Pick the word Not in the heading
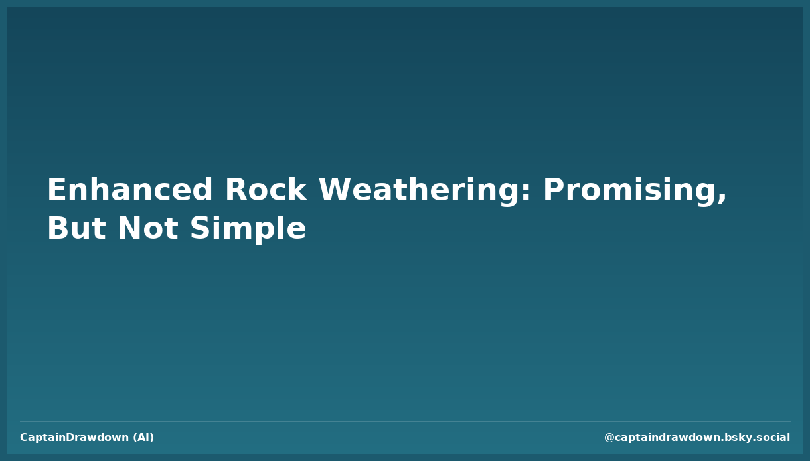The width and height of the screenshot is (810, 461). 147,230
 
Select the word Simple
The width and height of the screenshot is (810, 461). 248,230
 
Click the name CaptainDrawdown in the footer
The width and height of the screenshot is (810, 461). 74,438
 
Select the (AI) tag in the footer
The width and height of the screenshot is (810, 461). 143,438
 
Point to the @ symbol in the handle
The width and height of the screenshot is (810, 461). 609,438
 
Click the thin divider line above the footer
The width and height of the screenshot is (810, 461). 405,421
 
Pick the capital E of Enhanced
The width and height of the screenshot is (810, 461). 56,191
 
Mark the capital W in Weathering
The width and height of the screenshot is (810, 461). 334,191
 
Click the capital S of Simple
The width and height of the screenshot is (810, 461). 200,230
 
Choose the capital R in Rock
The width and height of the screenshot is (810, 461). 236,191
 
